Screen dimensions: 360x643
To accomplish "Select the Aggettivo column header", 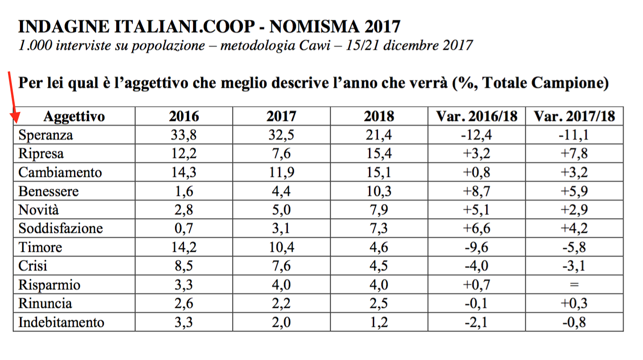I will pos(74,116).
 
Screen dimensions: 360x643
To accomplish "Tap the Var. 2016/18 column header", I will pos(476,116).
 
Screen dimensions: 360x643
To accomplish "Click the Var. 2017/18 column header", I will pos(574,116).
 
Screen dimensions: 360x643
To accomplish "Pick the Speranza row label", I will pos(46,135).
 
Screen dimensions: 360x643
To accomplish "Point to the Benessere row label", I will pos(48,191).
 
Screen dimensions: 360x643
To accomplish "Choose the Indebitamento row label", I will pos(61,323).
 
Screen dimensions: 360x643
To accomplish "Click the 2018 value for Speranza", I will pos(379,135).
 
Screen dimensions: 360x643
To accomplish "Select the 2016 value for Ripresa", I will pos(184,154).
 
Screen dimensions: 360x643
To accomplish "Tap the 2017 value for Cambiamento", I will pos(281,172).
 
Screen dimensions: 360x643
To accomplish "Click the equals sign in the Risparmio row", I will pos(574,285).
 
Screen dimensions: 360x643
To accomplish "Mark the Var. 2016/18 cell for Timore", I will pos(476,247).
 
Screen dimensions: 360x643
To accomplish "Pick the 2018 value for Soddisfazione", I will pos(379,229).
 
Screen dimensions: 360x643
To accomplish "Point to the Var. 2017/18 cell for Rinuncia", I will pos(574,304).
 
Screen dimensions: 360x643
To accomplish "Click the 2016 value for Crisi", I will pos(184,266).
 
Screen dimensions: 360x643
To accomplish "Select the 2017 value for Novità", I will pos(281,210).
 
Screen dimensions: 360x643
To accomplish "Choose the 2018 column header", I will pos(379,116).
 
